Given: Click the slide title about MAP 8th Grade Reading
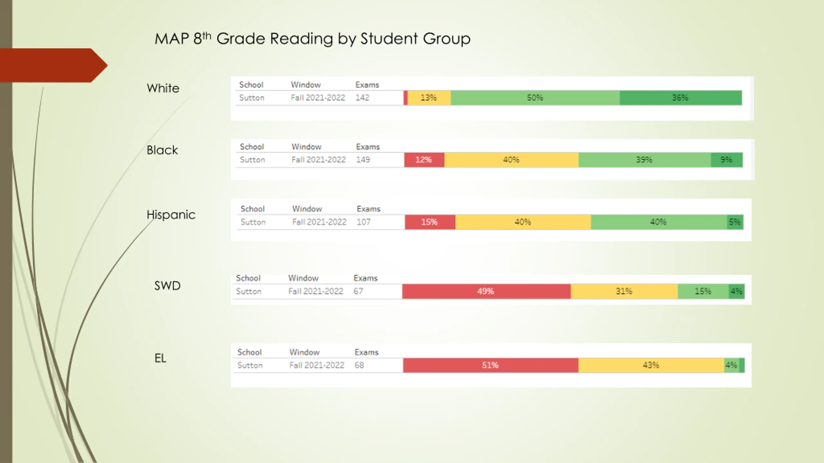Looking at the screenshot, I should tap(312, 39).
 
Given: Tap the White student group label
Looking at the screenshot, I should tap(163, 88).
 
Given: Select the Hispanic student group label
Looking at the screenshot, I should tap(171, 215).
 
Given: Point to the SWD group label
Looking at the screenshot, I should tap(167, 286).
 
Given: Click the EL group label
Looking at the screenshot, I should tap(160, 358).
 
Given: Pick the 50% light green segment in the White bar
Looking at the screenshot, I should tap(535, 98).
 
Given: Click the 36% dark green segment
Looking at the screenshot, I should tap(680, 98).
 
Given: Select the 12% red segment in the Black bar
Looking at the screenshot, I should tap(424, 160).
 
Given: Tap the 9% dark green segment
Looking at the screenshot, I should tap(726, 160).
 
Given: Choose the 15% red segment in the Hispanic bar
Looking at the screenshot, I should tap(430, 222).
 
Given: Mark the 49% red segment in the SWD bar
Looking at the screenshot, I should tap(486, 291).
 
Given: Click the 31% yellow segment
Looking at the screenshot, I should tap(624, 291).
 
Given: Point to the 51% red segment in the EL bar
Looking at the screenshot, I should tap(490, 365).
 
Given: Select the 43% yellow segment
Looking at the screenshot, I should tap(651, 365).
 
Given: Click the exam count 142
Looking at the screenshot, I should tap(362, 98).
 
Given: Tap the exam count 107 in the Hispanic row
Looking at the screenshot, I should tap(364, 222).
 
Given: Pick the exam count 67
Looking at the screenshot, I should tap(358, 291).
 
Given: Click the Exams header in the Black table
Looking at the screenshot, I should tap(368, 147).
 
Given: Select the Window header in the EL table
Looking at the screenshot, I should tap(304, 352).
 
